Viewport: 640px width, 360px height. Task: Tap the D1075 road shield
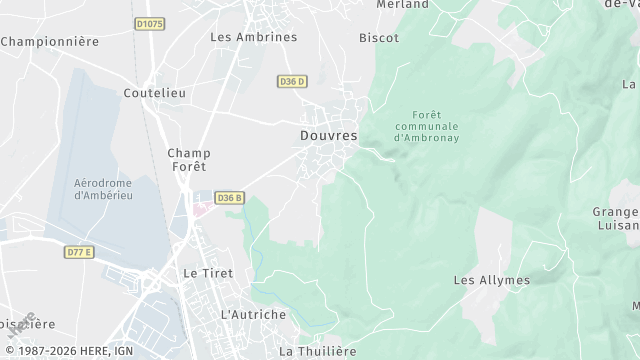click(150, 23)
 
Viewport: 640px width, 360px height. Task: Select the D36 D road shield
click(292, 81)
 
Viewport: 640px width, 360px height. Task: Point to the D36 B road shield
click(230, 198)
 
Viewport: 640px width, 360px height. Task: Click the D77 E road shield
click(79, 252)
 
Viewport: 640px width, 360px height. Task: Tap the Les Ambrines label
click(254, 37)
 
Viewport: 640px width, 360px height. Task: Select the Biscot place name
click(379, 38)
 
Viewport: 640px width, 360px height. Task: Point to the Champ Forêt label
click(188, 160)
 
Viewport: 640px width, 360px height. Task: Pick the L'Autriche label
click(252, 314)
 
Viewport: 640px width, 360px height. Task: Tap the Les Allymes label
click(492, 280)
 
